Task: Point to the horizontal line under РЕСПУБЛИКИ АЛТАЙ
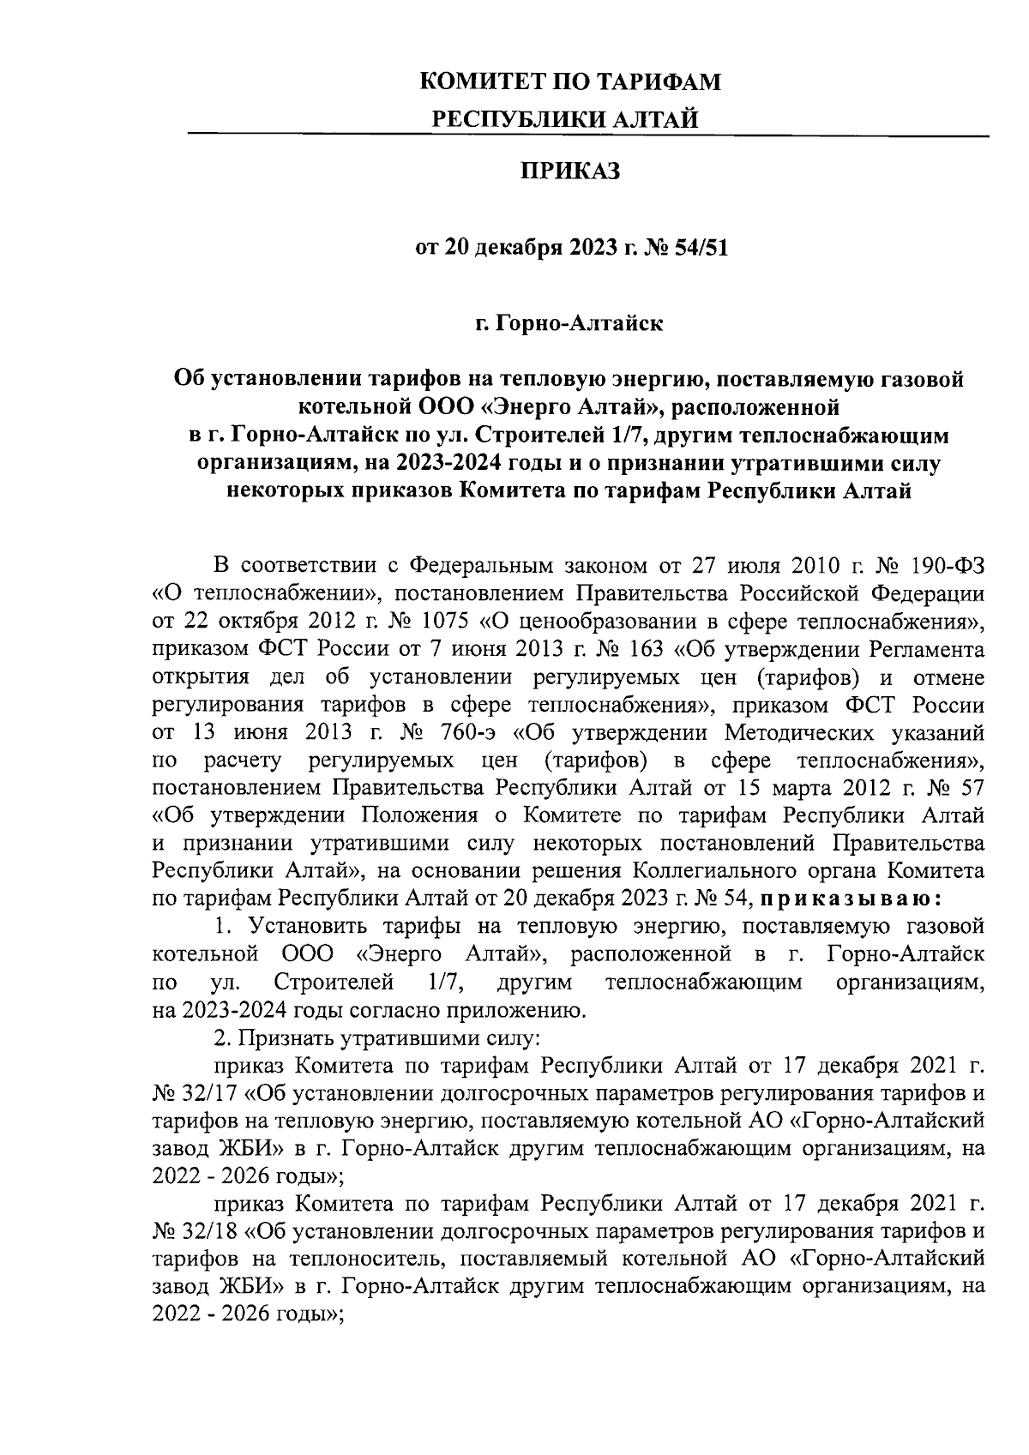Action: pyautogui.click(x=588, y=135)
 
